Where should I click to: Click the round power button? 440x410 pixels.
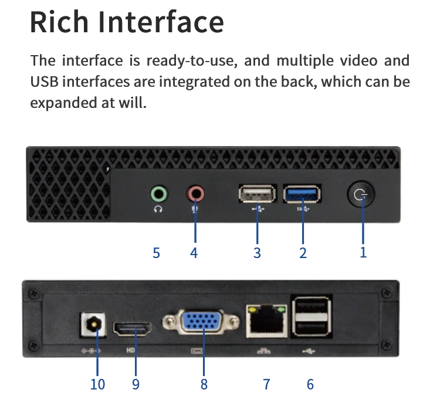point(360,194)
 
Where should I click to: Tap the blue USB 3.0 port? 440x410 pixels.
point(303,193)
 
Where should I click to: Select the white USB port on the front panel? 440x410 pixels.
point(257,193)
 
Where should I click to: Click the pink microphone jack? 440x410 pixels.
point(195,192)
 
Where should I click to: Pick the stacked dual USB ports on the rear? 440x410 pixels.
point(310,317)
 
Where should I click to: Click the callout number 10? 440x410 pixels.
point(97,384)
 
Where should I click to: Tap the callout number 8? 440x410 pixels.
point(204,384)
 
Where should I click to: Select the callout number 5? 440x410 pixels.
point(156,253)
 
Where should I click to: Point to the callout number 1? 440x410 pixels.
point(363,253)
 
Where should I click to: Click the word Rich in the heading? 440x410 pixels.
point(59,22)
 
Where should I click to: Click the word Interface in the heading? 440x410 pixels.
point(161,22)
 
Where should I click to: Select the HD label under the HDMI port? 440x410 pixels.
point(131,351)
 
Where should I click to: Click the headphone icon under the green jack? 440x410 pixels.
point(158,208)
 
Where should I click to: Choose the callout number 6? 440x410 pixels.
point(310,384)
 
